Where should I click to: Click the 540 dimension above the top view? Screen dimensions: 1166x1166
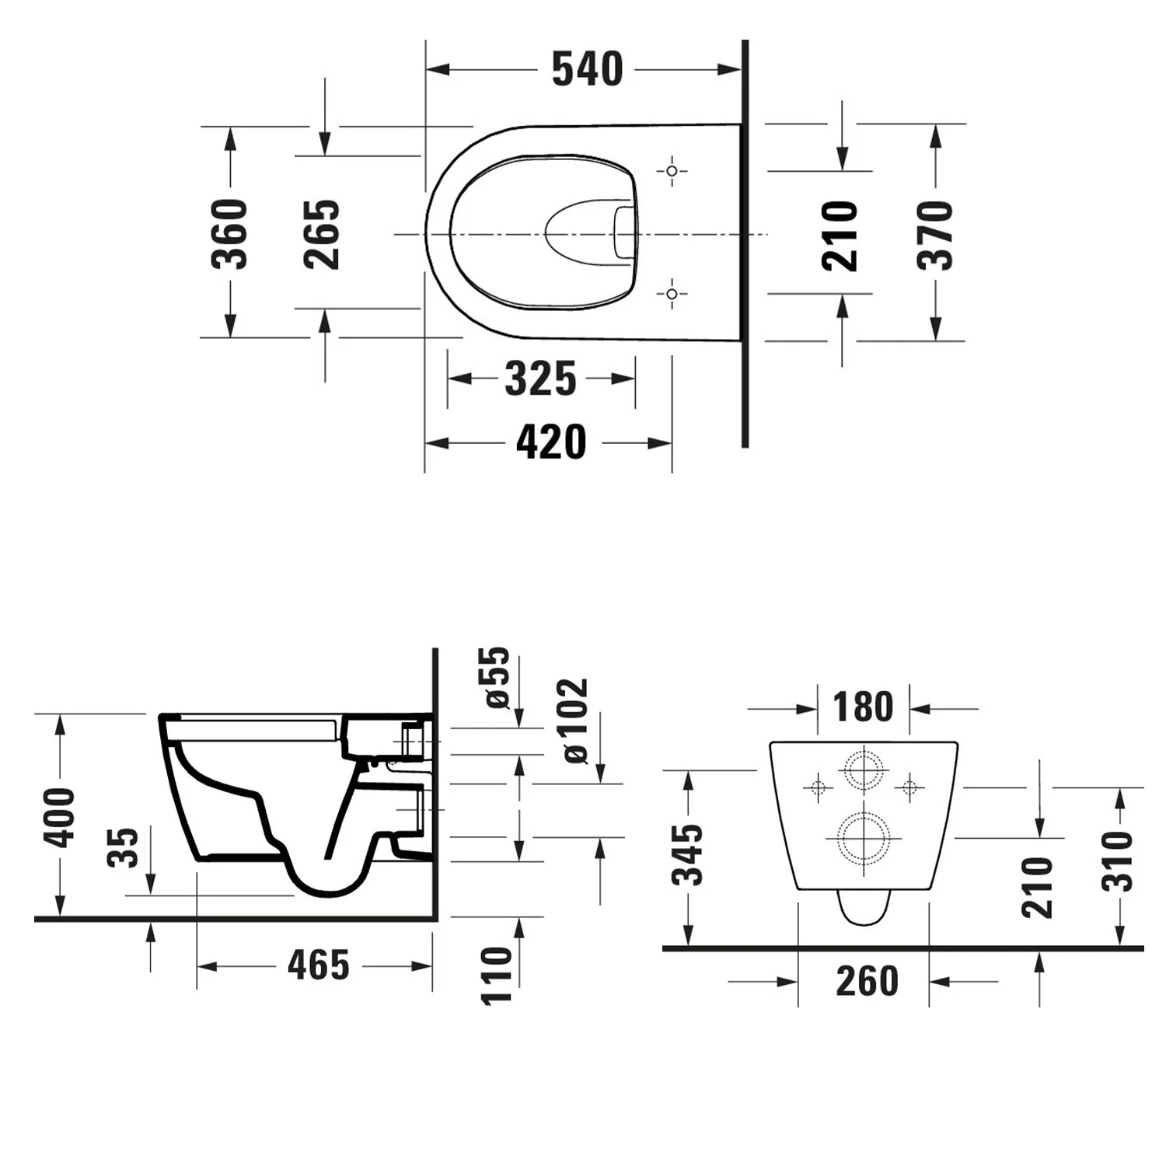(x=587, y=69)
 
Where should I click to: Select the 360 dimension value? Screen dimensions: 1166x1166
(x=230, y=234)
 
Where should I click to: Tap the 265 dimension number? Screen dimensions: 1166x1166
(x=322, y=234)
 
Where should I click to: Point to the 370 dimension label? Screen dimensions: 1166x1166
(x=935, y=235)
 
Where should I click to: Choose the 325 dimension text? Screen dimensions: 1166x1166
(x=541, y=379)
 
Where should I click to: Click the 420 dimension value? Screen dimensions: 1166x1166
(x=551, y=442)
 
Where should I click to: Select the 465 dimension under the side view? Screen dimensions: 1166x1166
(x=319, y=965)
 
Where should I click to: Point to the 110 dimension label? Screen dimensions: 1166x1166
(x=497, y=976)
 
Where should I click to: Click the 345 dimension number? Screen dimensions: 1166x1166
(x=688, y=855)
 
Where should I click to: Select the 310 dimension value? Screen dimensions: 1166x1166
(x=1119, y=861)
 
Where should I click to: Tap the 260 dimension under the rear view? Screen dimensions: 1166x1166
(x=867, y=981)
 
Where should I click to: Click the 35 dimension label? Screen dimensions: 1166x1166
(x=124, y=847)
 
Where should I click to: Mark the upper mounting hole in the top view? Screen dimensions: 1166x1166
(x=672, y=170)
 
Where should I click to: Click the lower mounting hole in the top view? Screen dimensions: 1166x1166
(x=672, y=294)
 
